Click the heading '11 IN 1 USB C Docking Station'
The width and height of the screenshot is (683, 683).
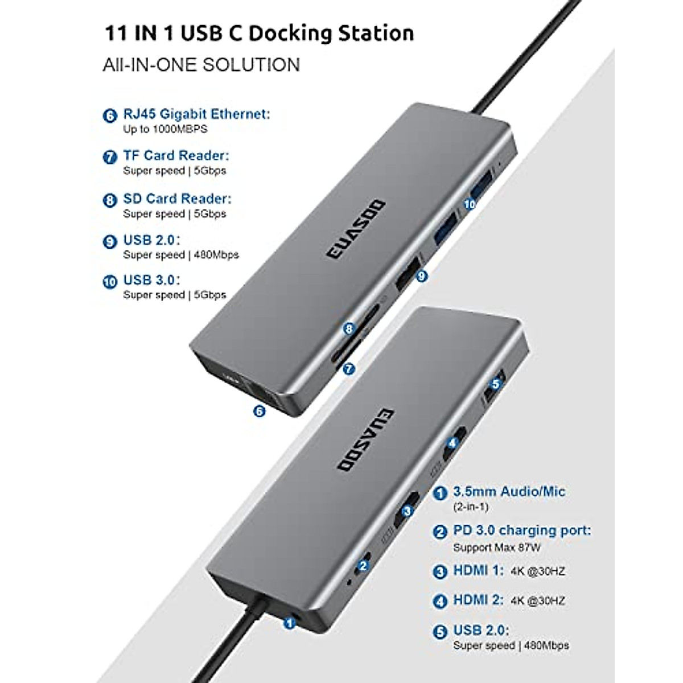click(259, 33)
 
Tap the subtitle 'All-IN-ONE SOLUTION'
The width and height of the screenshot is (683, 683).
click(201, 65)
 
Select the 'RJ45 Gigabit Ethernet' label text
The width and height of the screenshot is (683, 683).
click(196, 114)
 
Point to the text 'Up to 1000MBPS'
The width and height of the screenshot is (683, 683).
click(165, 129)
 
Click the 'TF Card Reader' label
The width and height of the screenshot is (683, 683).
click(176, 155)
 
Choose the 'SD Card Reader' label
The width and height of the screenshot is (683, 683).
click(177, 199)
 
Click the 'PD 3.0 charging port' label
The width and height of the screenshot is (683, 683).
click(521, 530)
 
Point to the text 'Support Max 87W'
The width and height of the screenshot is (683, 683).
click(496, 548)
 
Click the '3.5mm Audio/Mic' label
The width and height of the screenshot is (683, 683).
click(509, 491)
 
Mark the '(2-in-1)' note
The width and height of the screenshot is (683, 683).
click(471, 507)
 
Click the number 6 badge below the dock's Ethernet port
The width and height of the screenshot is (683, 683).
click(260, 410)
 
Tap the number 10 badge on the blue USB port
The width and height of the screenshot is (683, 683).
click(470, 204)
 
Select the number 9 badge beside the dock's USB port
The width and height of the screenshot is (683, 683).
click(422, 276)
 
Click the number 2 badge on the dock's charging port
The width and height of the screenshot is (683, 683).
click(363, 566)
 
